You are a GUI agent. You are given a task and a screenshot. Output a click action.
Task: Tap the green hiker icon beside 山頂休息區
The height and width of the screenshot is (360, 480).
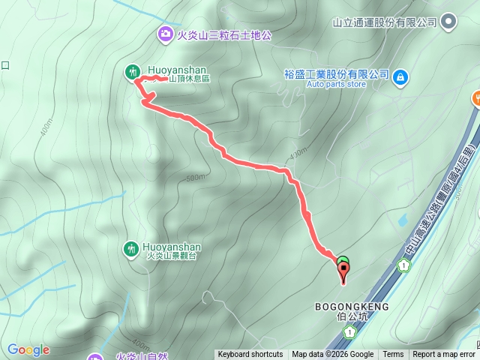[132, 71]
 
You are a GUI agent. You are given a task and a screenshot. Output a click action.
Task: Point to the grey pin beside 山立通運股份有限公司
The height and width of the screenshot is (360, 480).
[448, 22]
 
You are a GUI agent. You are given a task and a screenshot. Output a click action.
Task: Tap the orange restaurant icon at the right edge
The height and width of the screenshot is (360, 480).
[475, 97]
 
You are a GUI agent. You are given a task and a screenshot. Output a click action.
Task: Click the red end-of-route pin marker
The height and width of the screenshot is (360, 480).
[344, 273]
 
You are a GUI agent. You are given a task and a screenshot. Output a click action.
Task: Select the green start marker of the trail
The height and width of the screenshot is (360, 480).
[343, 261]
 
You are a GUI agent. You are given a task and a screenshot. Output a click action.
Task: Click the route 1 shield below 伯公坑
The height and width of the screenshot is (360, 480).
[348, 332]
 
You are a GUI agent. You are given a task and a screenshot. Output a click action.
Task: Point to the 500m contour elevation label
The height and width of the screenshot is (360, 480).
[195, 178]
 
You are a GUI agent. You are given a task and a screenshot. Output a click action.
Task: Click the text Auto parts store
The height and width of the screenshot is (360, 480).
[336, 85]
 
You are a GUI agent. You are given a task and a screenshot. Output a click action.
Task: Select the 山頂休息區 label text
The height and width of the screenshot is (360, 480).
[189, 79]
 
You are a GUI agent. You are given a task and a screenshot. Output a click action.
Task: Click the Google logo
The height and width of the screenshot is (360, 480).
[28, 349]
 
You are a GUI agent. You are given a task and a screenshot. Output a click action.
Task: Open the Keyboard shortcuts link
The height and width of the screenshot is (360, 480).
[250, 355]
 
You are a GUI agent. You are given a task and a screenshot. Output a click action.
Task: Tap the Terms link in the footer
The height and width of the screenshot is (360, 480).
[393, 355]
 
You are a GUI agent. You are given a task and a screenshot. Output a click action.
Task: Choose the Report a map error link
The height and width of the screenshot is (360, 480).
[445, 355]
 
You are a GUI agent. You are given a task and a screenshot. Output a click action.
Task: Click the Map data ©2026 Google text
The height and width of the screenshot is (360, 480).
[333, 355]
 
